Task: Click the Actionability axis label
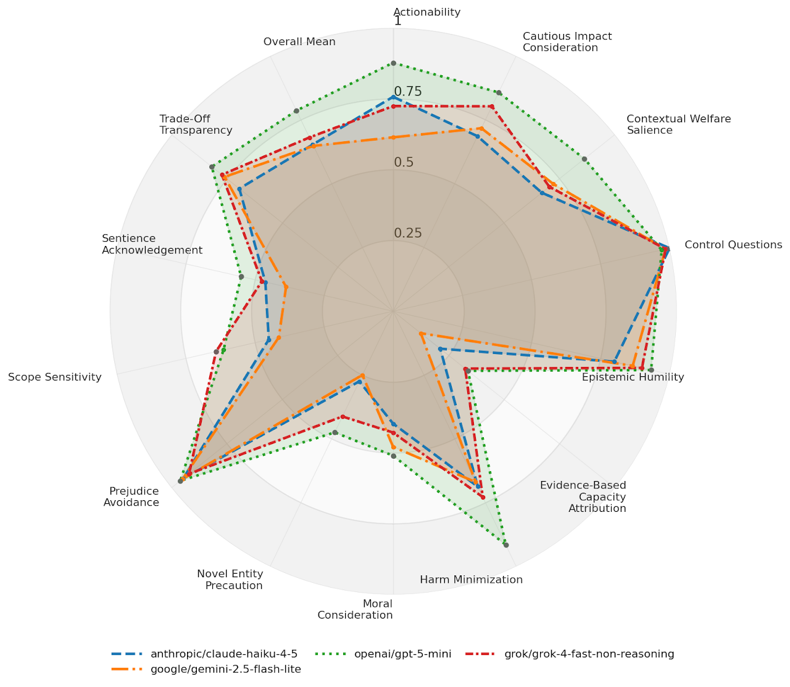426,12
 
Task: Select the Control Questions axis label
733,245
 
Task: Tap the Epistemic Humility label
633,377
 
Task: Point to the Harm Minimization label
471,580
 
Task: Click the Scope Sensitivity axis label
54,377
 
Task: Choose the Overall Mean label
299,42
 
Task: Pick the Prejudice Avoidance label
131,496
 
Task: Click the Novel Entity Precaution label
230,580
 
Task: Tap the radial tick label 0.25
408,233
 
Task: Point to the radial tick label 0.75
408,92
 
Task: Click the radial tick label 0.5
404,163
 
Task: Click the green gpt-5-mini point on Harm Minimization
505,545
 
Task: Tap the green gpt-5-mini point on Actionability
393,63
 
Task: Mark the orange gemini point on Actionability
393,137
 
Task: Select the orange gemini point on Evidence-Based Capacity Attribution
420,334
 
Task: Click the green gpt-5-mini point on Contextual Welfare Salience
584,159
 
